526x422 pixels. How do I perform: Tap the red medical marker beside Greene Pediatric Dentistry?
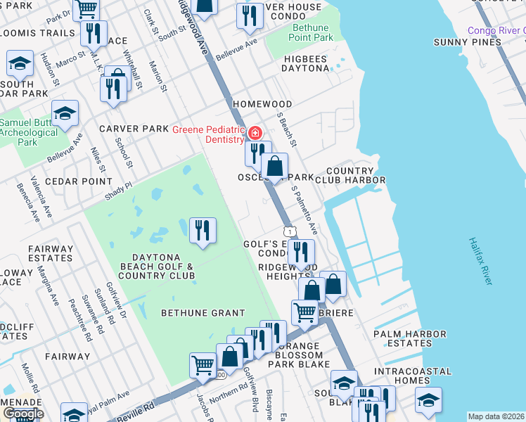coord(255,132)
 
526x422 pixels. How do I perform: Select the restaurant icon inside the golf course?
coord(203,230)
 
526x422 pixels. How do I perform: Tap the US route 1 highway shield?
coord(289,231)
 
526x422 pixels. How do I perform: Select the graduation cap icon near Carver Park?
coord(65,113)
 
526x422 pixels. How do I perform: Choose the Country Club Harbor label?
coord(355,175)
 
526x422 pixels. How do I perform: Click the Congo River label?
coord(496,30)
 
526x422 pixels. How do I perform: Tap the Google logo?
coord(23,414)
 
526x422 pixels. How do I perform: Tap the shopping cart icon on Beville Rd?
coord(203,365)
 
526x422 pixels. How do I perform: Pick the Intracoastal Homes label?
coord(412,376)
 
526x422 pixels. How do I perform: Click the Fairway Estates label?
coord(50,253)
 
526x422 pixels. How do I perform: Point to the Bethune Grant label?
coord(203,312)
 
